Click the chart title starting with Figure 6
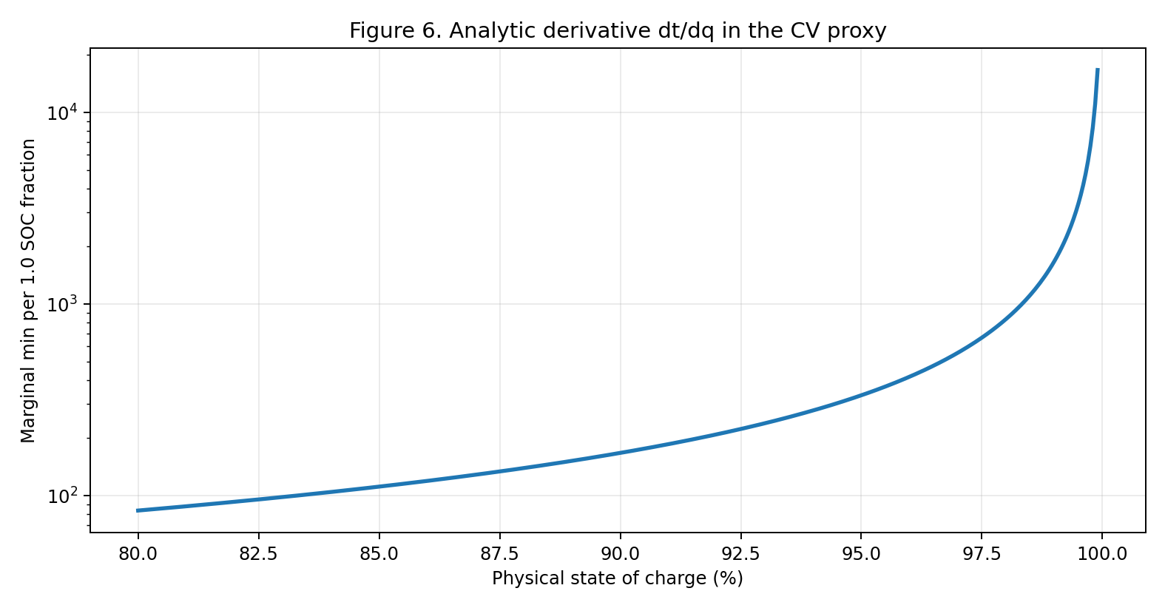tap(618, 30)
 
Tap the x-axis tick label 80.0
tap(138, 554)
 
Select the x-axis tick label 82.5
tap(258, 554)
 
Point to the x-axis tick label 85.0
tap(379, 554)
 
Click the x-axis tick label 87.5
tap(500, 554)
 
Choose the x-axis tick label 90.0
tap(621, 554)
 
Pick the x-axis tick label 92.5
tap(740, 554)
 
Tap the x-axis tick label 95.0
tap(861, 554)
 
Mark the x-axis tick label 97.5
tap(982, 554)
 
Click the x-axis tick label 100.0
tap(1102, 554)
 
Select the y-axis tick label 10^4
tap(62, 112)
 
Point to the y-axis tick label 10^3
tap(62, 304)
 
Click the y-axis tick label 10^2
tap(62, 496)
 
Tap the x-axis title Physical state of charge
tap(618, 578)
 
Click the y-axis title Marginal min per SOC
tap(28, 291)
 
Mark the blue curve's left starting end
tap(138, 511)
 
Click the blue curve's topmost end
tap(1098, 70)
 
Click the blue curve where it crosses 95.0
tap(861, 396)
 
